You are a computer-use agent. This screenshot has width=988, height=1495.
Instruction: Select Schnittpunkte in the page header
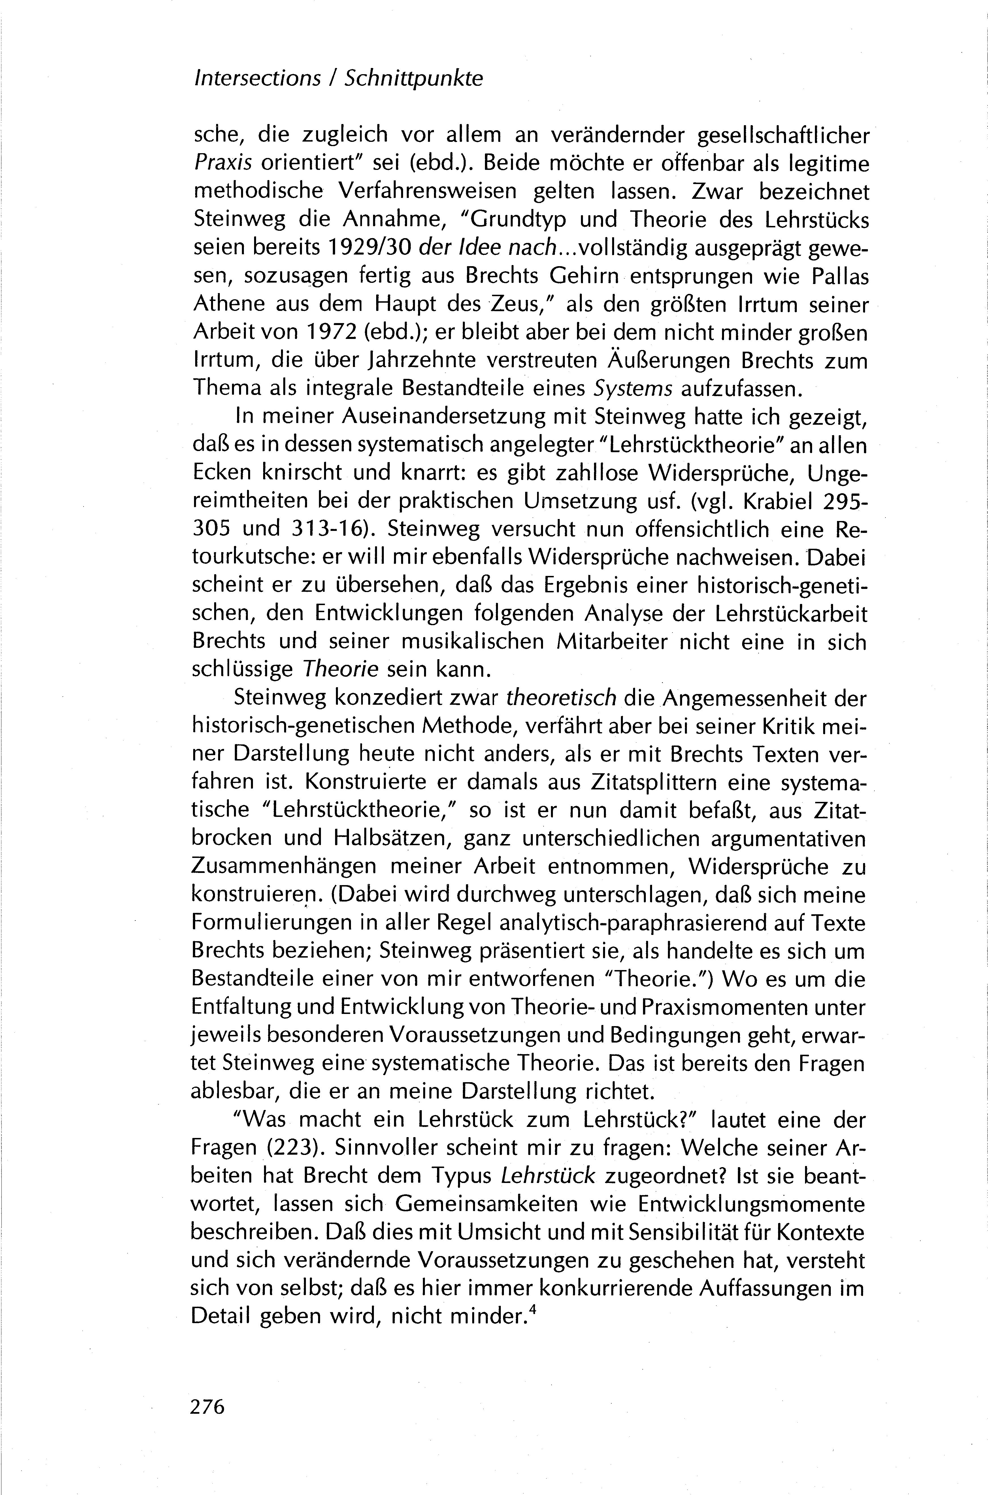pyautogui.click(x=414, y=79)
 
